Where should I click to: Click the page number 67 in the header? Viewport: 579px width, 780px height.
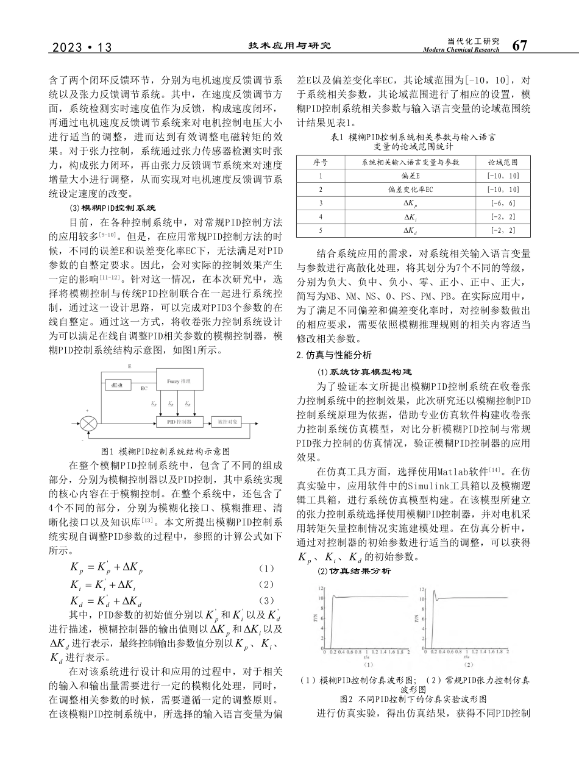coord(519,46)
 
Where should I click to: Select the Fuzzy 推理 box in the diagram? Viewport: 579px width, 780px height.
coord(179,381)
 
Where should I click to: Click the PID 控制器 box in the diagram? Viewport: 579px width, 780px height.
coord(179,421)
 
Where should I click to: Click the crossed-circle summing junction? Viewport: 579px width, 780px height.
coord(89,422)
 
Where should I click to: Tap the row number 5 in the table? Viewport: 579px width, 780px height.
coord(321,230)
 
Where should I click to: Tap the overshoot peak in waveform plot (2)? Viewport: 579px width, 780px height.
coord(433,591)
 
